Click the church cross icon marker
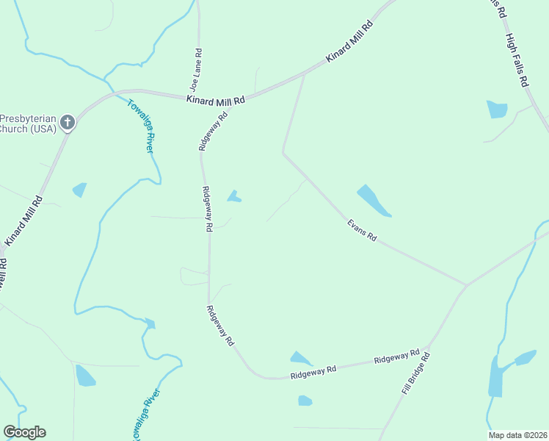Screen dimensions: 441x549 [68, 123]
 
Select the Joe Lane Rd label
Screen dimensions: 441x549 [196, 69]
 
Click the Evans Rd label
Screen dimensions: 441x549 [362, 228]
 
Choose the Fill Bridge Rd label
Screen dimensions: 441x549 [415, 373]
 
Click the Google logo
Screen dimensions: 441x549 [24, 432]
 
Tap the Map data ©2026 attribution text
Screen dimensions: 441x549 [517, 435]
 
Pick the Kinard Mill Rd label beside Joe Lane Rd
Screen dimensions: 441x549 [215, 98]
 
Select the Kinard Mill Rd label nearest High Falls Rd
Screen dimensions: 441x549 [349, 40]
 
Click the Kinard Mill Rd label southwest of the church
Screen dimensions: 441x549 [23, 220]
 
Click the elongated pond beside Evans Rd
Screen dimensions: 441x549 [374, 201]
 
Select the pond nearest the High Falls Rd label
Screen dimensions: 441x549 [497, 110]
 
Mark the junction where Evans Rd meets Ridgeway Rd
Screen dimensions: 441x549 [466, 284]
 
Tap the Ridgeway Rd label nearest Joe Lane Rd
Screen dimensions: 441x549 [214, 132]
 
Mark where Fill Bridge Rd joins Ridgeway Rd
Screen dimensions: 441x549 [430, 343]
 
